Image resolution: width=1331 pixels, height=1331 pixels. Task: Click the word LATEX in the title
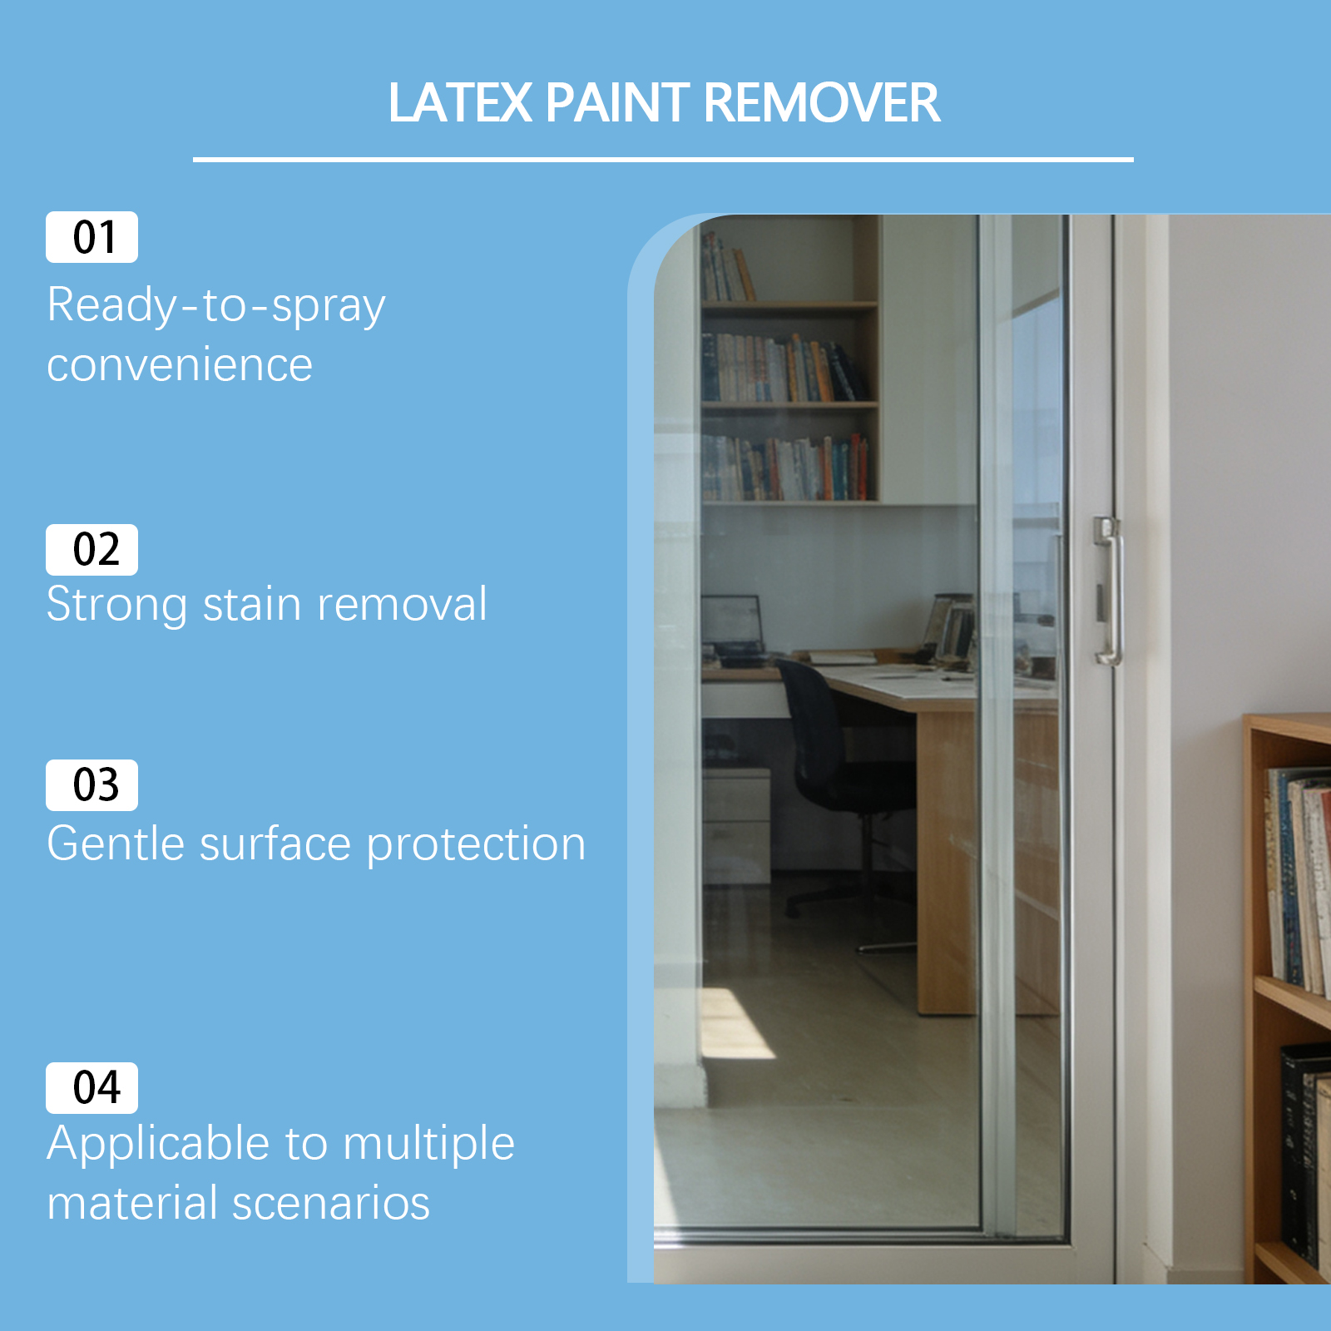[460, 103]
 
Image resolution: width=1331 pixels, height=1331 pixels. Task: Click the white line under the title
[663, 159]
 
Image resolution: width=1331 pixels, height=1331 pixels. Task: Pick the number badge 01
[92, 237]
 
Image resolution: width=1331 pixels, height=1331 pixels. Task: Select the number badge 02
[92, 550]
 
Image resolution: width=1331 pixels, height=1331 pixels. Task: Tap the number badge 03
[92, 785]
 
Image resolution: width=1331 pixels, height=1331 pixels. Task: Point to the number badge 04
[92, 1088]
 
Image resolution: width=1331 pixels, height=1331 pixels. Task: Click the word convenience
[180, 365]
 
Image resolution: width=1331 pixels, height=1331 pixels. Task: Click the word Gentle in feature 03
[116, 844]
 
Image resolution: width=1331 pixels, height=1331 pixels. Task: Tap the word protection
[476, 845]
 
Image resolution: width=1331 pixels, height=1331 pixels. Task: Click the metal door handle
[1109, 591]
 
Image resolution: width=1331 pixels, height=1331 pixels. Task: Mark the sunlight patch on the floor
[736, 1024]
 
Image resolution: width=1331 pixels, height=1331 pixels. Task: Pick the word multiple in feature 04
[428, 1145]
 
